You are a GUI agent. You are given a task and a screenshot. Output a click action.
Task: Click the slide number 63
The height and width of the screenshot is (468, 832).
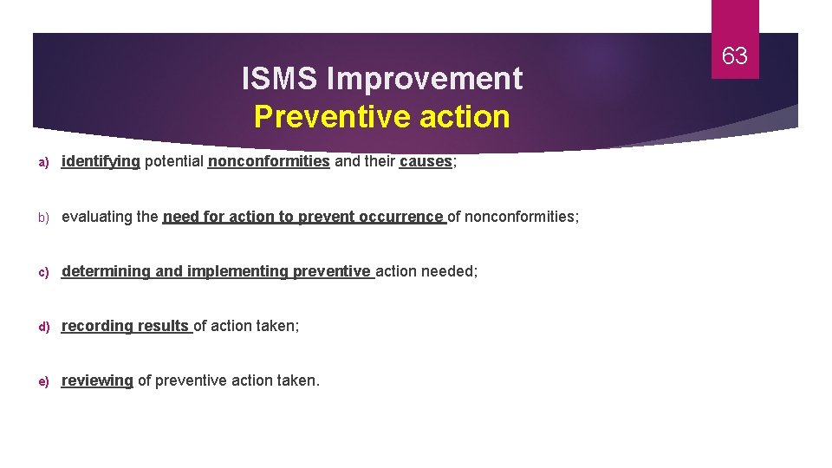pos(734,56)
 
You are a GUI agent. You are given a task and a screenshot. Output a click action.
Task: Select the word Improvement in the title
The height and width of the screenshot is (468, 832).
pos(425,79)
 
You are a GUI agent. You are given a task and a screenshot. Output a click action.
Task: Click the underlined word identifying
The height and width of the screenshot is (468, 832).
pos(101,161)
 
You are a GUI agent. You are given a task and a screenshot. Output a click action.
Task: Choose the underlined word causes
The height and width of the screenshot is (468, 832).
pos(426,161)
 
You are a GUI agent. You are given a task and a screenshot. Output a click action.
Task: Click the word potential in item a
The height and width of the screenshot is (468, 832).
pos(174,161)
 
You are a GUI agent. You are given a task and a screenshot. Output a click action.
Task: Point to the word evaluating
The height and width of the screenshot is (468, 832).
pos(97,217)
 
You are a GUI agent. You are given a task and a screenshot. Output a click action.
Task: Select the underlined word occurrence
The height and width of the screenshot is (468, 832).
pos(401,217)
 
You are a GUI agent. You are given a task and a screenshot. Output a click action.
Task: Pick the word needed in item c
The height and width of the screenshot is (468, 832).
pos(449,271)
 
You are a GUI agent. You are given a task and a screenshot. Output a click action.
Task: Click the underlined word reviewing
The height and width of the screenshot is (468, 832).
pos(97,380)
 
